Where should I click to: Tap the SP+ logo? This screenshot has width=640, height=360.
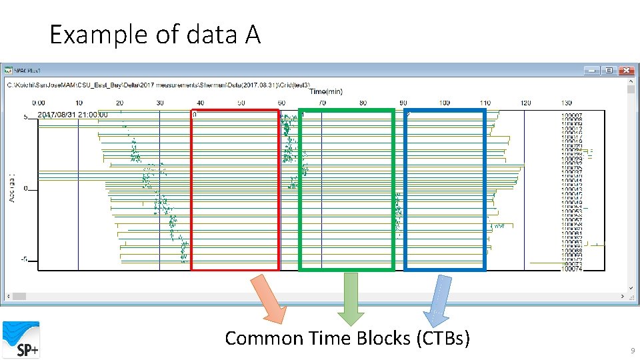click(21, 339)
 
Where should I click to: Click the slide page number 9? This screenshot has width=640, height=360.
click(632, 351)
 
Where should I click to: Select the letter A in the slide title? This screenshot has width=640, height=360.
click(252, 34)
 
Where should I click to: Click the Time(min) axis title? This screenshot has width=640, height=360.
click(327, 91)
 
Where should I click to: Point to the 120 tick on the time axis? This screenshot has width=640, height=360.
click(525, 103)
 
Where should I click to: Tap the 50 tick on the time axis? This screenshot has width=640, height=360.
click(241, 103)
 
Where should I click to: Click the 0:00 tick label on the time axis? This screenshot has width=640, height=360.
click(39, 103)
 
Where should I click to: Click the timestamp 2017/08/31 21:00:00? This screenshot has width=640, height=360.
click(73, 115)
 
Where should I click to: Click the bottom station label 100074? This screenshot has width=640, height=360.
click(571, 269)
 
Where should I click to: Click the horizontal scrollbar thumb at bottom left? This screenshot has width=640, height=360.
click(19, 296)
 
